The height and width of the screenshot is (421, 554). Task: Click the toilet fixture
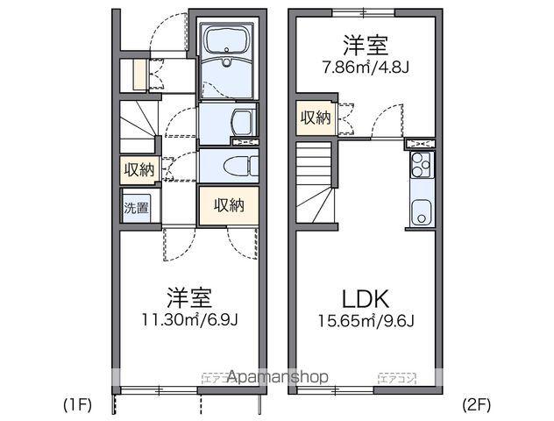tap(233, 165)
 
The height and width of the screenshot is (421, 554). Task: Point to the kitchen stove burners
tap(421, 162)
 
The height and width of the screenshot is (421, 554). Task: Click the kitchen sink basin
tap(421, 212)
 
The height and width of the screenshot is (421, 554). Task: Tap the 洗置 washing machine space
tap(136, 209)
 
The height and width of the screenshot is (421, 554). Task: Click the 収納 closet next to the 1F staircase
tap(138, 169)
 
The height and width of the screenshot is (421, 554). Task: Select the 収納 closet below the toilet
tap(228, 205)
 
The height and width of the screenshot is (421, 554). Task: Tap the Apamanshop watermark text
tap(277, 377)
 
